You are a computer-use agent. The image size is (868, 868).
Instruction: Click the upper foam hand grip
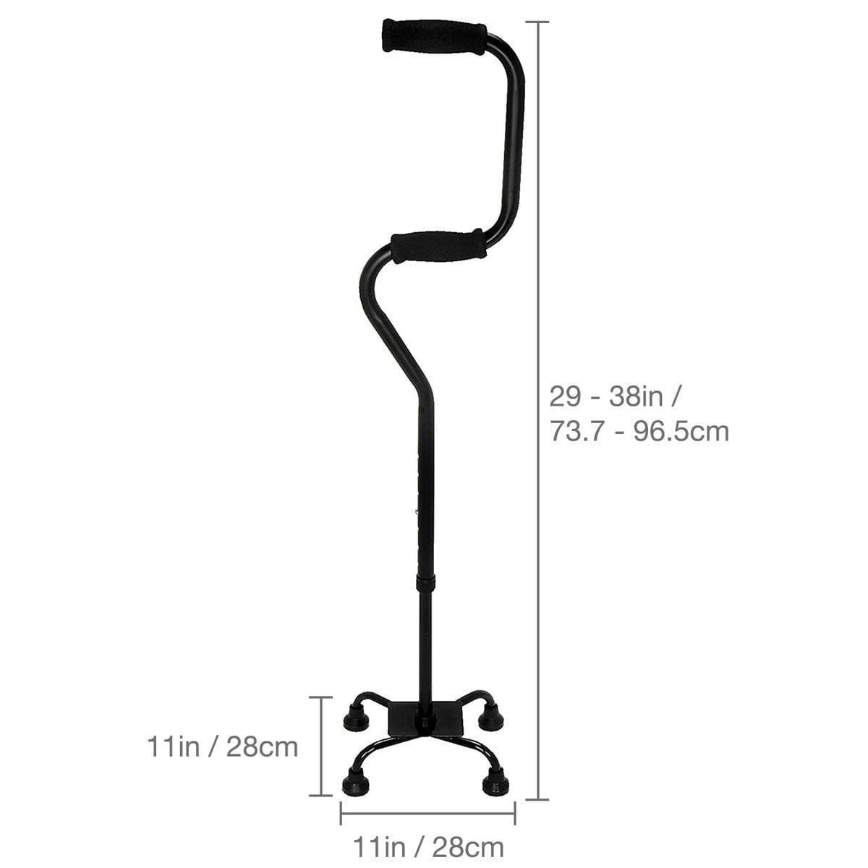point(434,36)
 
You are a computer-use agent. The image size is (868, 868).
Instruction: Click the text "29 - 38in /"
point(615,396)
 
